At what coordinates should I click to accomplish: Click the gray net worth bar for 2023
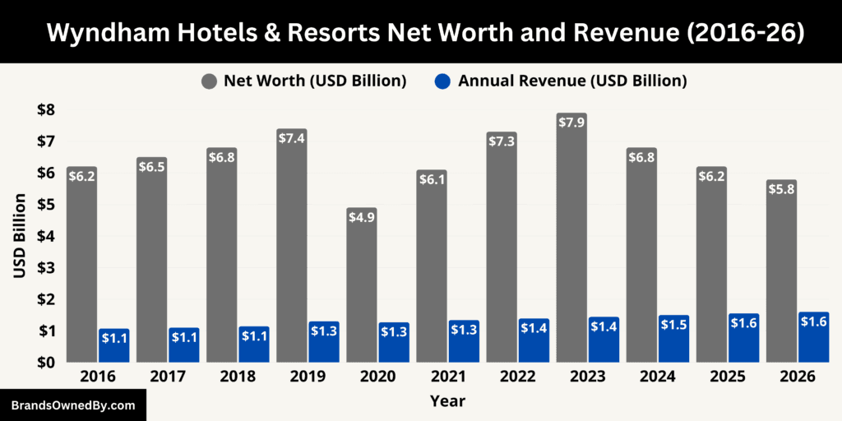point(571,238)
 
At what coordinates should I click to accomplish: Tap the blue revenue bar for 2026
point(813,337)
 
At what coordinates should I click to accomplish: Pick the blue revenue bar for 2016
point(113,345)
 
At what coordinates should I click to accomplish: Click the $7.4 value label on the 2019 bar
point(291,138)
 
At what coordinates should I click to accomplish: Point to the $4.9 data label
point(361,217)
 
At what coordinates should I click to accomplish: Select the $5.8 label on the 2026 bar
point(780,189)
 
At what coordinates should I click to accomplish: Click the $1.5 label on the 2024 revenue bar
point(673,325)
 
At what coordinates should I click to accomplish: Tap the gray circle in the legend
point(209,81)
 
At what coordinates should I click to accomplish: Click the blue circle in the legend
point(443,81)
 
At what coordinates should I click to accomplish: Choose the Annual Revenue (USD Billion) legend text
point(572,81)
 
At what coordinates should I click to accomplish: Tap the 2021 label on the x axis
point(447,377)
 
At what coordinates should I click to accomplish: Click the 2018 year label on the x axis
point(238,377)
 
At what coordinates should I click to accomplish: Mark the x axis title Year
point(447,401)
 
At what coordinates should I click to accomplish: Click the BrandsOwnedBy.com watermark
point(72,405)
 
